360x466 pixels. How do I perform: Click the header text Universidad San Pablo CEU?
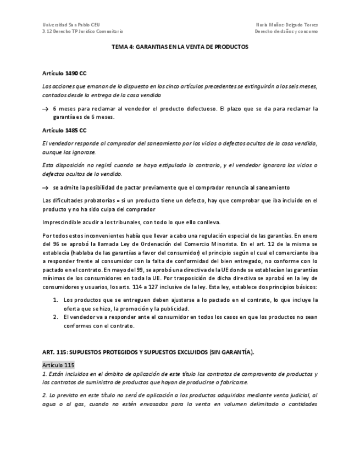[68, 25]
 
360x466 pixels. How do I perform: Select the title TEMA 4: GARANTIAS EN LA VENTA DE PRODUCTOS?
[180, 47]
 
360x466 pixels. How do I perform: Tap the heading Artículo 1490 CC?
[64, 73]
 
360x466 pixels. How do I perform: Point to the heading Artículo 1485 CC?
[64, 130]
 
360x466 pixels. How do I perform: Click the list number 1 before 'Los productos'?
[55, 301]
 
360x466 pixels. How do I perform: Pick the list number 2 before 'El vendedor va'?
[55, 317]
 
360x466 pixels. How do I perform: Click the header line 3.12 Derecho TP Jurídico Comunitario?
[82, 32]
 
